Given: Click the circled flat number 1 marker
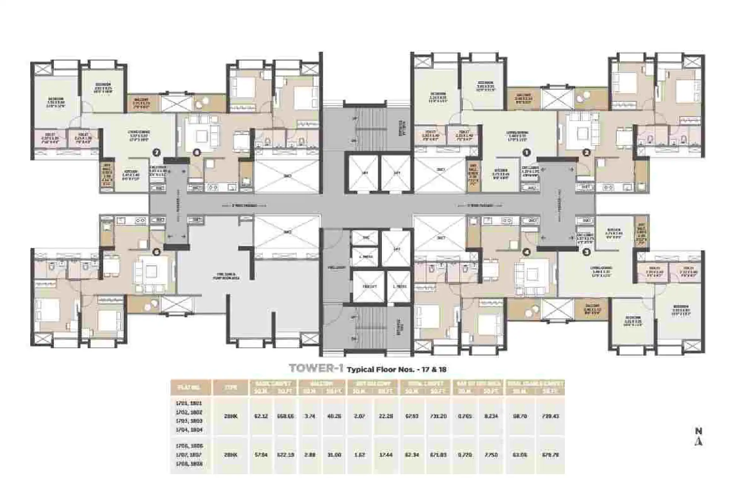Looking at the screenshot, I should click(526, 153).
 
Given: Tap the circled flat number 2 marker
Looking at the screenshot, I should click(586, 153).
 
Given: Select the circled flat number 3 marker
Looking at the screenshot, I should click(586, 252).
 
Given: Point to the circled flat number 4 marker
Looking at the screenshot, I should click(526, 252).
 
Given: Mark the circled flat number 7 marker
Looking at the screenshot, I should click(156, 153).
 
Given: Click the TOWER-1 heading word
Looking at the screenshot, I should click(316, 369).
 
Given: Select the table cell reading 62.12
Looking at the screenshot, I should click(262, 416).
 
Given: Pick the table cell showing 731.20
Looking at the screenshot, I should click(438, 416).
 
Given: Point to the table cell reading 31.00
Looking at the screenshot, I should click(335, 455).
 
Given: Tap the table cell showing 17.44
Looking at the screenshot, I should click(386, 455).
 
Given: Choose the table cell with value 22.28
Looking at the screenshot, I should click(386, 416).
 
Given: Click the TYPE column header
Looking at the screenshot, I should click(231, 388).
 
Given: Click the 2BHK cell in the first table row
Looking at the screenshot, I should click(231, 416).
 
